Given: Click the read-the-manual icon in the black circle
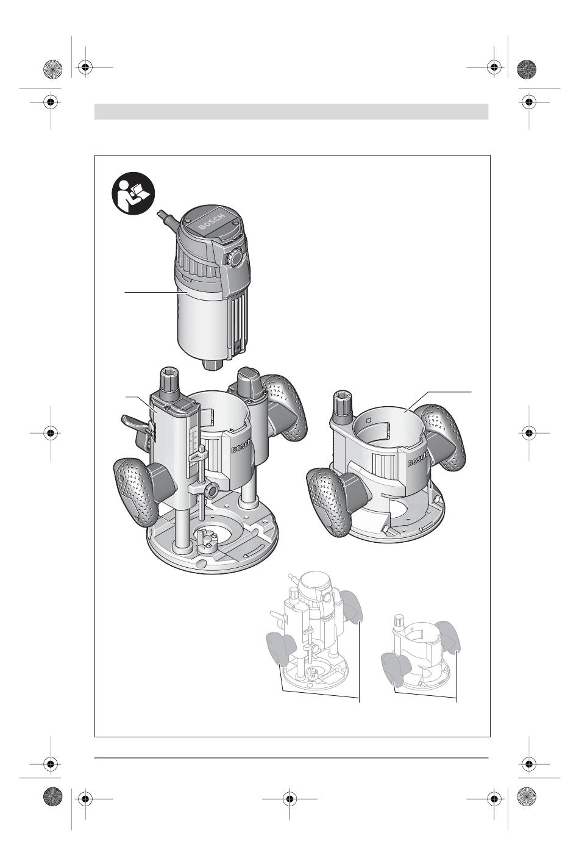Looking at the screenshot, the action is tap(133, 193).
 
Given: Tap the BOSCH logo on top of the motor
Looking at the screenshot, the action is tap(211, 221).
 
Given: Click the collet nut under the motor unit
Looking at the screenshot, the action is tap(213, 364).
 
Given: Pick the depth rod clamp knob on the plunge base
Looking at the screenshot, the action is tap(210, 491).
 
